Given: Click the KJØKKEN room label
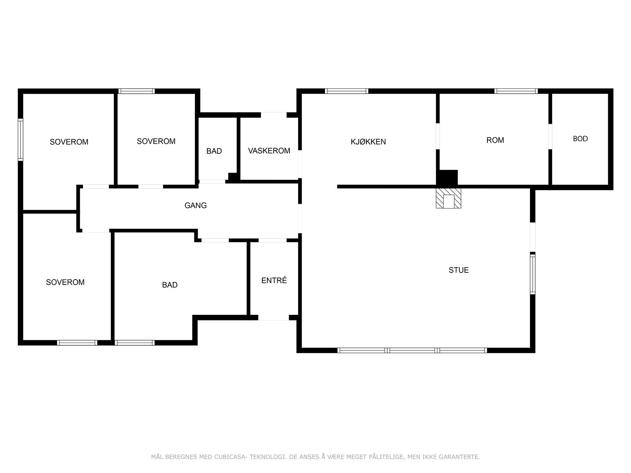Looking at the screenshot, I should [x=368, y=142].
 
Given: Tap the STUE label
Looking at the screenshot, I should [x=459, y=270].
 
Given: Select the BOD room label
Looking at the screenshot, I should [x=580, y=139].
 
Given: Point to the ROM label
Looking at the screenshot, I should [x=495, y=140].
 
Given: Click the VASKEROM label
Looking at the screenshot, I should [x=269, y=151].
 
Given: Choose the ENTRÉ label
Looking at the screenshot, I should [x=274, y=281].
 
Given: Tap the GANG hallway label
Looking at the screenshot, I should [x=196, y=205].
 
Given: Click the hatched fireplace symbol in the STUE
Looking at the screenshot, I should [x=448, y=198].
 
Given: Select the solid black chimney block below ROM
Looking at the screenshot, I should [x=447, y=177].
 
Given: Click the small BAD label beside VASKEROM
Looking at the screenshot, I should [x=214, y=151].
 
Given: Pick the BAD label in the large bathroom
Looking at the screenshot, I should [x=170, y=285].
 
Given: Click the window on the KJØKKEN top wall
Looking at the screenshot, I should [x=346, y=91].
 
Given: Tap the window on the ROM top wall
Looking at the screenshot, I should [x=516, y=91].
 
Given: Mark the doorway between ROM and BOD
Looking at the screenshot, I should [x=550, y=136].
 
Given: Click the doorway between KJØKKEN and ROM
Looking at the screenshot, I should [x=437, y=136].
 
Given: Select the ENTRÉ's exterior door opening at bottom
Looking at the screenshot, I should [x=274, y=317].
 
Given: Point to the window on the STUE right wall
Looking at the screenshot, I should [x=532, y=274].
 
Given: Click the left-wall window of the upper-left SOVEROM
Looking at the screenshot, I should [x=21, y=140].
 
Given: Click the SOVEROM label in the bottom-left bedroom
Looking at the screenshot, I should [x=65, y=282].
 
